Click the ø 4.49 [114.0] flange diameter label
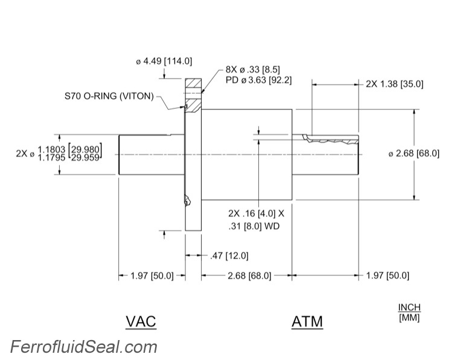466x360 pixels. coord(164,61)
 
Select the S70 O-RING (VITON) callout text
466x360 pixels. coord(109,96)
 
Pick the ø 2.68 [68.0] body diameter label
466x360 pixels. coord(413,153)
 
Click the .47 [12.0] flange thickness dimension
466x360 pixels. coord(228,256)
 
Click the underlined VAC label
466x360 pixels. coord(141,321)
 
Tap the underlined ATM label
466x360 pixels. coord(307,321)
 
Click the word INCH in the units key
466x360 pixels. coord(409,307)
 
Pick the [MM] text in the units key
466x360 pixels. coord(409,317)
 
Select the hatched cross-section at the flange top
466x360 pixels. coord(193,84)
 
